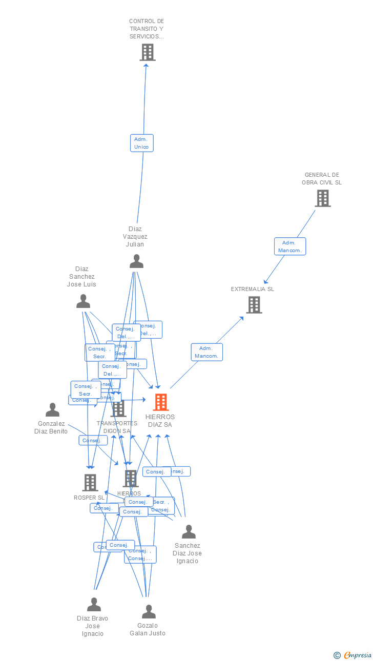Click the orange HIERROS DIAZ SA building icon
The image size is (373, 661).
160,402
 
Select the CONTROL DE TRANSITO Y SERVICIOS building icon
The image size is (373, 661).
147,52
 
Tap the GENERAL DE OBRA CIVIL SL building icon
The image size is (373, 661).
322,198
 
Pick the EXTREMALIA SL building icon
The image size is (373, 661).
254,305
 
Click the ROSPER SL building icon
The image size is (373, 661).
90,483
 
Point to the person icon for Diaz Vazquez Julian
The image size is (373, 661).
136,261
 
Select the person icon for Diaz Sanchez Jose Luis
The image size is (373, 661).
83,301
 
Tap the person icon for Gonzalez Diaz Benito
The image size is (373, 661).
52,410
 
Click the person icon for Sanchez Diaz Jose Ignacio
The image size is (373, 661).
189,532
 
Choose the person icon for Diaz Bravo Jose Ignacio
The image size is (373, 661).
94,605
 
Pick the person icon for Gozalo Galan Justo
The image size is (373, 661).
149,612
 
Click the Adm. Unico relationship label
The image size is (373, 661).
141,143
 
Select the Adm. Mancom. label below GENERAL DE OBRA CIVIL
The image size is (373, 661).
290,246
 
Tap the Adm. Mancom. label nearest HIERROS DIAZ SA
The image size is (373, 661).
206,352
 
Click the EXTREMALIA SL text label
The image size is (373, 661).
252,289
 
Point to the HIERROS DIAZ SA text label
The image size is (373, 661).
160,421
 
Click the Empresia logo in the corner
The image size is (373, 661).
353,655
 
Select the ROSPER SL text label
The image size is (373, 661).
89,498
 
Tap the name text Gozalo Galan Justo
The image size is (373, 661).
148,629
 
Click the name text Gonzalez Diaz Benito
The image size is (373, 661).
51,427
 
